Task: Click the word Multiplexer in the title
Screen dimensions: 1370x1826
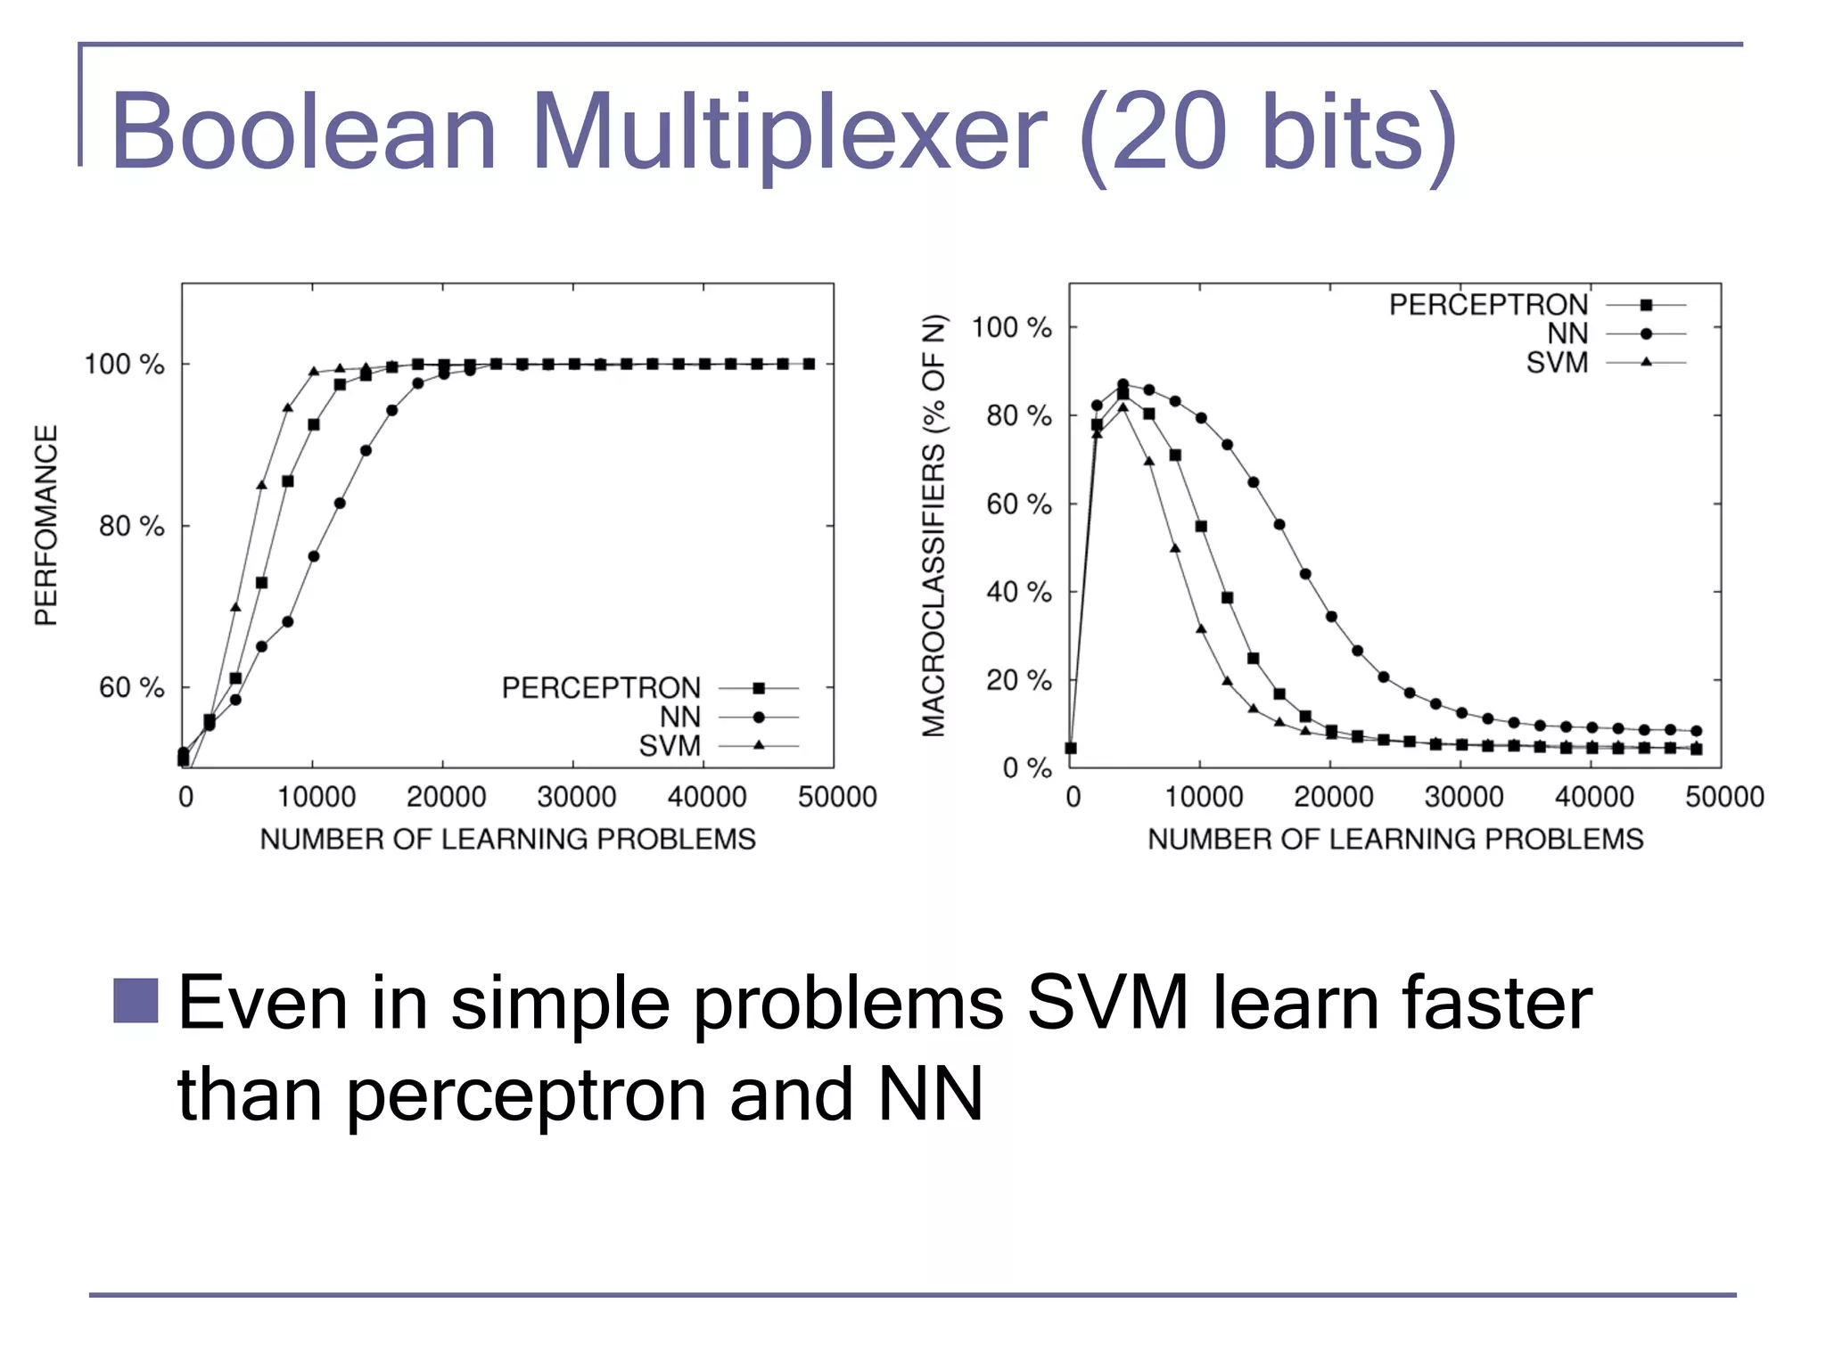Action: (789, 132)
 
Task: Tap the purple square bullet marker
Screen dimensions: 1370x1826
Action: (136, 1000)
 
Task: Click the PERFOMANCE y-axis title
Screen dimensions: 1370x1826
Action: (46, 525)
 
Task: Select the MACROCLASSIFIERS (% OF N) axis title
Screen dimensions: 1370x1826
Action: (934, 525)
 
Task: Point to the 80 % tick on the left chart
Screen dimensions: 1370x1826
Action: (131, 526)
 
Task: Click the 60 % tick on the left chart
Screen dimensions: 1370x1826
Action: (131, 687)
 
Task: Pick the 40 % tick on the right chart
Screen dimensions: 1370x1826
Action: (1018, 592)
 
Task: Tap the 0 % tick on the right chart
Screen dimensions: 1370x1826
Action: (1026, 767)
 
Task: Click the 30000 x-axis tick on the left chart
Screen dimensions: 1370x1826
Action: (576, 797)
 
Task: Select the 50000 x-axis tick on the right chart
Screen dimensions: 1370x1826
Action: (1723, 797)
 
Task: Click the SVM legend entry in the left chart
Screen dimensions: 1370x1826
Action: (670, 746)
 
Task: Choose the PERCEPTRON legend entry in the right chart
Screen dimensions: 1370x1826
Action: (1488, 305)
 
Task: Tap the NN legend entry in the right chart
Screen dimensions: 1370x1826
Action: (1567, 333)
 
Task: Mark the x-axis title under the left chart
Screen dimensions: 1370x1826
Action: (507, 839)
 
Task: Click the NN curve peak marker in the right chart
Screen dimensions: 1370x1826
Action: (1123, 384)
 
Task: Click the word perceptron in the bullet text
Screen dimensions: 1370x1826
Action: (526, 1095)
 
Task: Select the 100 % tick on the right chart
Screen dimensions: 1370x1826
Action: (1011, 327)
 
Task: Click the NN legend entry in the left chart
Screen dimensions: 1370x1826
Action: (679, 717)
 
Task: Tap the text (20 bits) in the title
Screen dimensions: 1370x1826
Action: (1267, 132)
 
